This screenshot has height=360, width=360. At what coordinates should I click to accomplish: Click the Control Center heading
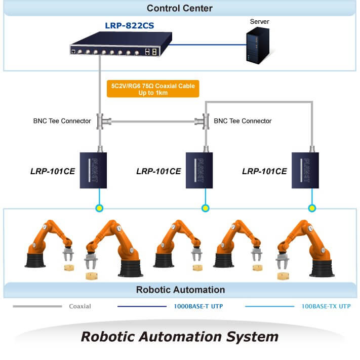click(x=180, y=8)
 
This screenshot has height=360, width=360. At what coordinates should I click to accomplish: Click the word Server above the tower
click(x=260, y=22)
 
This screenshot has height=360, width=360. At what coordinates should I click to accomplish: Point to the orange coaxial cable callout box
click(x=153, y=89)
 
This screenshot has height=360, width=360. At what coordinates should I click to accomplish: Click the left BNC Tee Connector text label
click(x=62, y=121)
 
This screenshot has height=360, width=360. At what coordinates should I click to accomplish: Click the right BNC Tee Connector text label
click(x=243, y=121)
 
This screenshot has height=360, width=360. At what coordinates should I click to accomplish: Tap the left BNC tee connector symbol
click(x=100, y=122)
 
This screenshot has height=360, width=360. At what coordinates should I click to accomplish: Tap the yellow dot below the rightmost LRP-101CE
click(x=312, y=208)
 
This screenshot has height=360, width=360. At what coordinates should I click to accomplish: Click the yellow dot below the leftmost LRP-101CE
click(x=100, y=208)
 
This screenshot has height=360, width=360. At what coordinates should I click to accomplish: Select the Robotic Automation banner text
click(x=180, y=290)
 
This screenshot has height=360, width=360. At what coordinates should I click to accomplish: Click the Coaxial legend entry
click(x=80, y=306)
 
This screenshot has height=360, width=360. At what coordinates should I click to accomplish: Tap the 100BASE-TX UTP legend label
click(x=326, y=306)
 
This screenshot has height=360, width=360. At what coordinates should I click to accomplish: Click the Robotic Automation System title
click(x=180, y=336)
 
